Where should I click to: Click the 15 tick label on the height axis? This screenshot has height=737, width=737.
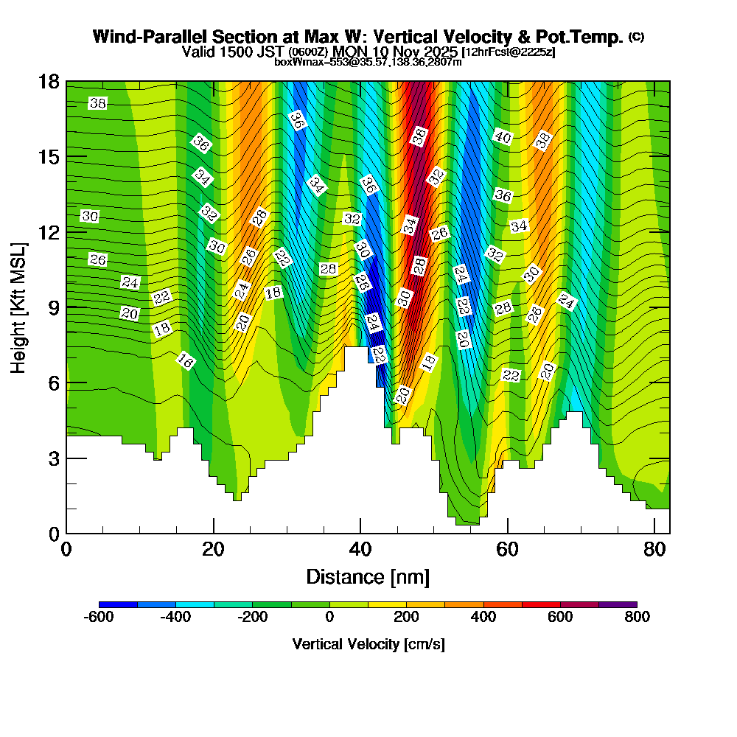pos(48,157)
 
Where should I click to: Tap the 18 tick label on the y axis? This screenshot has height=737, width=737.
pos(48,81)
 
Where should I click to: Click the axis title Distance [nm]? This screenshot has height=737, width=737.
pos(368,576)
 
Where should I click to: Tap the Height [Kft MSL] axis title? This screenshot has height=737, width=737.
pos(19,307)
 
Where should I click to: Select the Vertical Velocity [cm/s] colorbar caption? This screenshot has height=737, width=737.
pos(368,644)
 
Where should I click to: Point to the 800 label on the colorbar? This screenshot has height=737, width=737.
pos(637,617)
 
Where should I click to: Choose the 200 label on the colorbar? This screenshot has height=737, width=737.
pos(406,617)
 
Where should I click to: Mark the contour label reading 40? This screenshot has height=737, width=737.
pos(503,137)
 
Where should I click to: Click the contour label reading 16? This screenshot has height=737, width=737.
pos(186,361)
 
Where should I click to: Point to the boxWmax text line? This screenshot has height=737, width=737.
pos(368,62)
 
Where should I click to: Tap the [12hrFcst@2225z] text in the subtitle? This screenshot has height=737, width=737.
pos(509,53)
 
